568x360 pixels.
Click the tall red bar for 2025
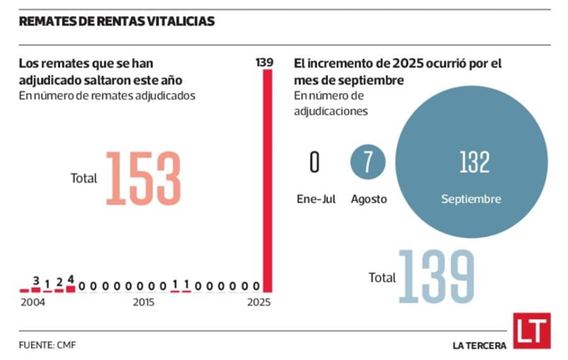tap(267, 180)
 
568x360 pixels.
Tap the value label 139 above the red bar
tap(265, 62)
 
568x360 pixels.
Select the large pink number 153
tap(143, 178)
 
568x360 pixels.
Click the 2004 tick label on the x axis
tap(32, 301)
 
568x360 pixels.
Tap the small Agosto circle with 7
tap(367, 162)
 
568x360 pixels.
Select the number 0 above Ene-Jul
tap(315, 162)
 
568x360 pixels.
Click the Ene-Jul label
tap(315, 199)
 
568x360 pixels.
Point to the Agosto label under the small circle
tap(368, 199)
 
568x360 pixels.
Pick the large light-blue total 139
tap(436, 276)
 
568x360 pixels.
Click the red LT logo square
tap(531, 331)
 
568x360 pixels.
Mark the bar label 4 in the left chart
tap(71, 280)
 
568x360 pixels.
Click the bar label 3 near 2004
tap(36, 280)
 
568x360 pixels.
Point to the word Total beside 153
tap(84, 178)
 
